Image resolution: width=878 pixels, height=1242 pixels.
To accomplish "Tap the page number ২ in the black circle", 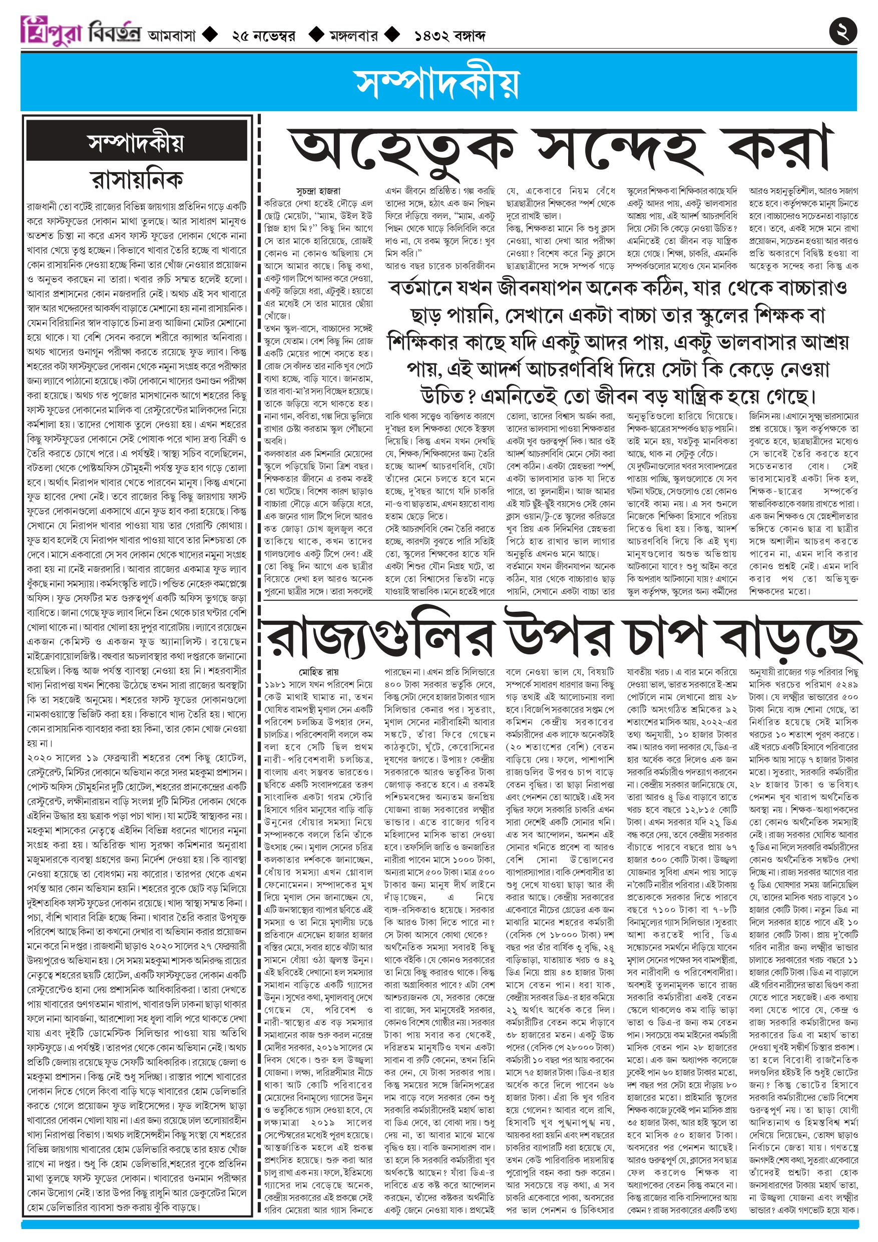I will coord(843,31).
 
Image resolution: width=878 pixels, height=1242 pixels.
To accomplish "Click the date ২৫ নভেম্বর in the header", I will coord(263,36).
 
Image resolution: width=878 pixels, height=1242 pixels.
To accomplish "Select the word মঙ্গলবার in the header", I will coord(354,36).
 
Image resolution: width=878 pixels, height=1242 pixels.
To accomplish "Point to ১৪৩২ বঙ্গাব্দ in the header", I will coord(450,36).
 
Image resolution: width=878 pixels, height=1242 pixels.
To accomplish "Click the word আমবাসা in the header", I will coord(171,36).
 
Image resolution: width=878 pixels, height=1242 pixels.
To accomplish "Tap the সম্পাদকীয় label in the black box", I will coord(136,143).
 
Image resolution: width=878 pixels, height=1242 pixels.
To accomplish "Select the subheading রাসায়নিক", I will coord(136,179).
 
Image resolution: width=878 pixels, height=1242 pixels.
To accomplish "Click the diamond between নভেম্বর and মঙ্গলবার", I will coord(315,35).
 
